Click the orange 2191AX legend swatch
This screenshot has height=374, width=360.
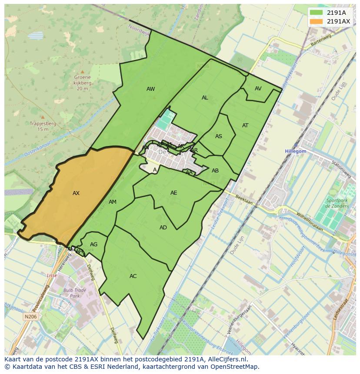point(317,21)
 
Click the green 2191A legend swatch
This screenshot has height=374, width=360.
point(317,13)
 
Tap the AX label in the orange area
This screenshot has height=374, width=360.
point(76,193)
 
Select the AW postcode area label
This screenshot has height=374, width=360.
point(150,89)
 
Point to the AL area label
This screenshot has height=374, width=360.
point(205,98)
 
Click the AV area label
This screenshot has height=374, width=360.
point(258,89)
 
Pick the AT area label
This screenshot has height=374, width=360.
point(245,126)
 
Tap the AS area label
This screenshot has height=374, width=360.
point(219,136)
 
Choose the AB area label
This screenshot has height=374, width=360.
point(215,171)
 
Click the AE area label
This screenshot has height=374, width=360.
point(174,193)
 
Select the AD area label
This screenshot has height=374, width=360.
point(163,228)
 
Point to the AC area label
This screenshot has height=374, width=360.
point(133,276)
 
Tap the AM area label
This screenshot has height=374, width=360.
point(113,202)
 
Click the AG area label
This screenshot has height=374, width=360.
point(93,245)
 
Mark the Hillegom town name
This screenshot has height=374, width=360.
point(296,151)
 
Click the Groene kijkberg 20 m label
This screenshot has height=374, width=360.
point(83,83)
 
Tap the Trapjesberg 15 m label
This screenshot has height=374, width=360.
point(43,126)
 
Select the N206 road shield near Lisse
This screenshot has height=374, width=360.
point(30,317)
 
